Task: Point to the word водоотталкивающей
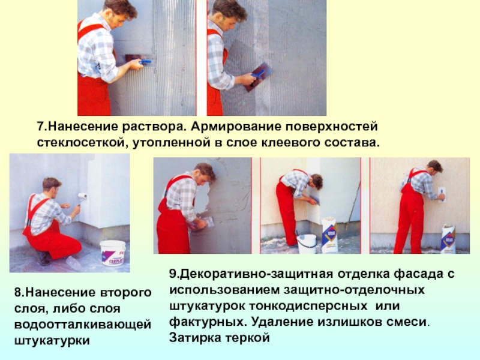point(83,325)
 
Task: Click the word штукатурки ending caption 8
point(52,341)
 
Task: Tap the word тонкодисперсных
point(308,306)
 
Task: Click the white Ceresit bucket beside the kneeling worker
point(113,253)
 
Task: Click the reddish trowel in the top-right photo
point(258,77)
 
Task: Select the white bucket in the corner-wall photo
point(307,244)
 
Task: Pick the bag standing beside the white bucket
point(329,235)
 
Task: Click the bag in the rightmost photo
point(448,239)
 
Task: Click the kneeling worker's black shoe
point(45,258)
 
